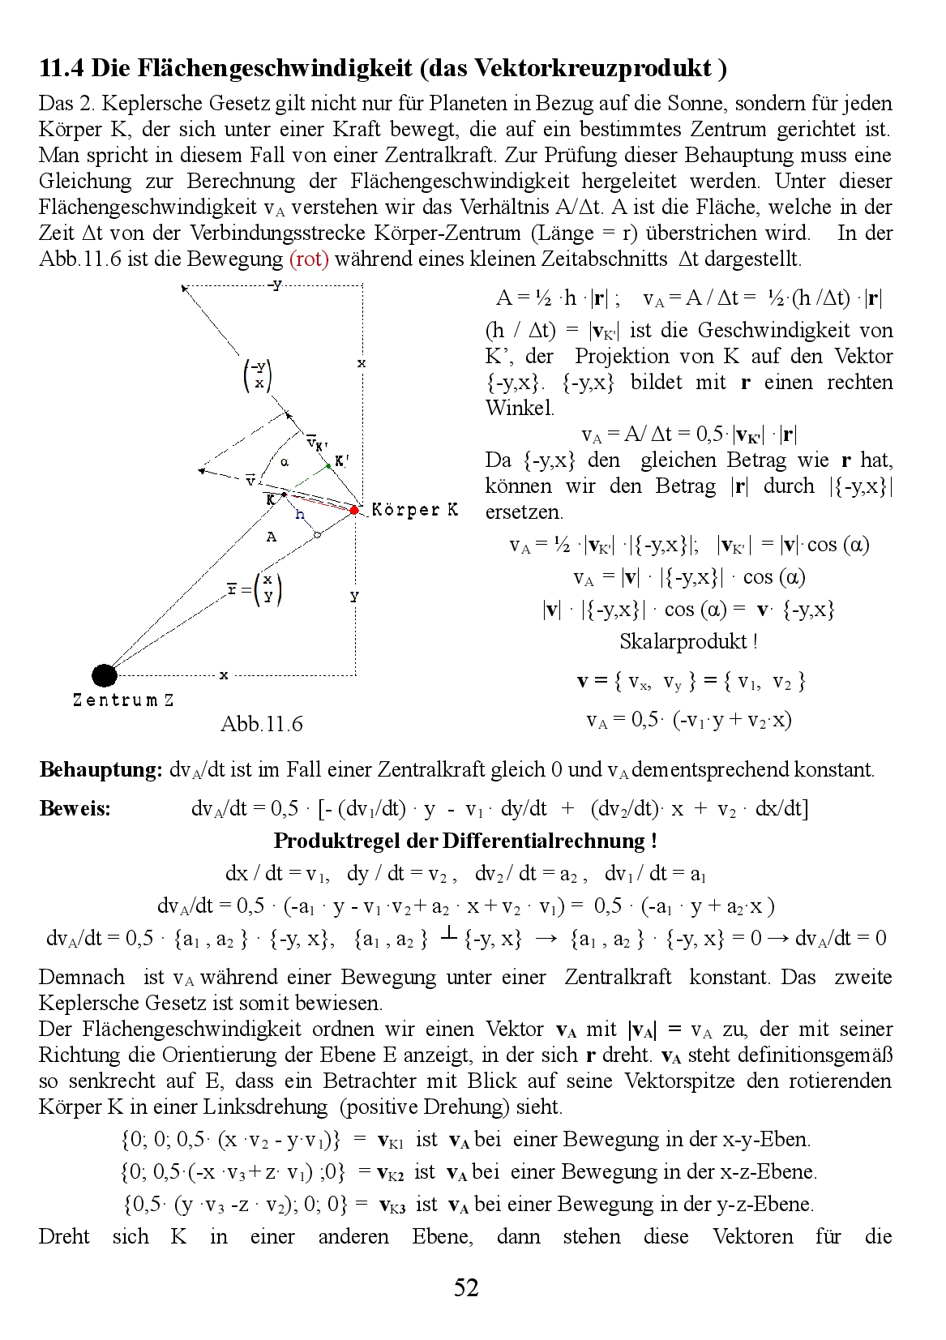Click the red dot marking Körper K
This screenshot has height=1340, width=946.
pyautogui.click(x=354, y=510)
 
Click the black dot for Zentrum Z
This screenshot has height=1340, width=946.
pyautogui.click(x=104, y=674)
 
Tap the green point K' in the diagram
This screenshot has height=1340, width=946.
pyautogui.click(x=327, y=465)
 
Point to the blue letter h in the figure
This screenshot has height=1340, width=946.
pyautogui.click(x=300, y=514)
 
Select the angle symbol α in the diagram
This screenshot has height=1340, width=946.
pyautogui.click(x=285, y=462)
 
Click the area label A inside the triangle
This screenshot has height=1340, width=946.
pyautogui.click(x=272, y=536)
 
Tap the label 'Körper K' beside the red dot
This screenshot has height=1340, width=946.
pyautogui.click(x=414, y=510)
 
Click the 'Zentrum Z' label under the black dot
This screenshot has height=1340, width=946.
pyautogui.click(x=123, y=700)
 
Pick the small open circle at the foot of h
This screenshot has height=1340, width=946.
pyautogui.click(x=317, y=535)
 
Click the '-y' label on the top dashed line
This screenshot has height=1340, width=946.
pyautogui.click(x=276, y=285)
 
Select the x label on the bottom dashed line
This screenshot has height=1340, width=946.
pyautogui.click(x=224, y=674)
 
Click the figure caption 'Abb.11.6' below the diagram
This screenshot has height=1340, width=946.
pyautogui.click(x=261, y=724)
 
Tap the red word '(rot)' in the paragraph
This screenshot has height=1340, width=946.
pyautogui.click(x=309, y=259)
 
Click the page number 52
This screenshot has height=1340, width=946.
pyautogui.click(x=466, y=1287)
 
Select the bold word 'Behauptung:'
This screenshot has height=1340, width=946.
pyautogui.click(x=101, y=769)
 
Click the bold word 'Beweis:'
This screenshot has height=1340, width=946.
pyautogui.click(x=75, y=808)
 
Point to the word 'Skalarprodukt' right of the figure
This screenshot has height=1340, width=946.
pyautogui.click(x=683, y=641)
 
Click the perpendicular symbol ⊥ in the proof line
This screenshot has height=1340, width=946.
pyautogui.click(x=448, y=936)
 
